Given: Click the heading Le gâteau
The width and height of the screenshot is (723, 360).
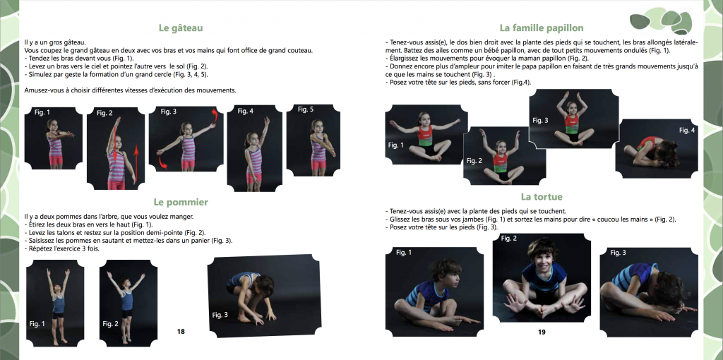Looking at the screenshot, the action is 180,28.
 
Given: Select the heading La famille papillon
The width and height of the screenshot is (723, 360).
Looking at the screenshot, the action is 542,28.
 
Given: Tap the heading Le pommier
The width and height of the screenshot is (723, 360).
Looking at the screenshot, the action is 181,202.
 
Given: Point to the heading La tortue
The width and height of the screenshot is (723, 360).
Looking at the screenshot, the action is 542,197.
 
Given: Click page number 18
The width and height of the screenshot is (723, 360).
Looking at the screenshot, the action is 181,332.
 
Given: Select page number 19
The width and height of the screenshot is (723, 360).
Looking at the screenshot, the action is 542,332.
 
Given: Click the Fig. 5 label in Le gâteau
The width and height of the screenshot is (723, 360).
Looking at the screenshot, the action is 306,109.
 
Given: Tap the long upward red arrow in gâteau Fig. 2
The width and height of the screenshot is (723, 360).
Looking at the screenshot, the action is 136,164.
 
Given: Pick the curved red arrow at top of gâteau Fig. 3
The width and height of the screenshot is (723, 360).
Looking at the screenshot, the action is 215,117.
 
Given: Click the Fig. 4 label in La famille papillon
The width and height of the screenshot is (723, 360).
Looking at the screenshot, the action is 686,131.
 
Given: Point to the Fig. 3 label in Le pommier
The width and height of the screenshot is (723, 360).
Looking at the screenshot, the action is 220,315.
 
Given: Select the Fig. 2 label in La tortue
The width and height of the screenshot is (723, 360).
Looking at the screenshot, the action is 509,239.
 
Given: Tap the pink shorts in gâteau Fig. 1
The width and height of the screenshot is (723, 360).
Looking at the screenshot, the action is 56,160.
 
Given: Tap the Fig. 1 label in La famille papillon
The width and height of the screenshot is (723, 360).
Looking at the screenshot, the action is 395,145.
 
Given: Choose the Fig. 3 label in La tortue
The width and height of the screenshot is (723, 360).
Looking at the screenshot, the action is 619,253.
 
